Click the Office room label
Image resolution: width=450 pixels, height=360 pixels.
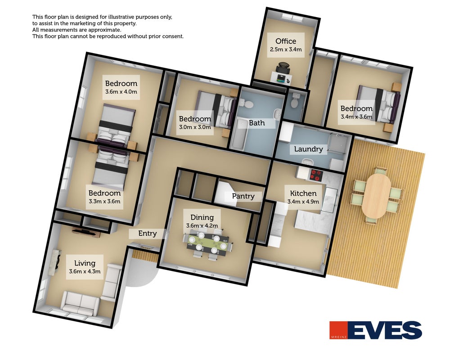coord(286,41)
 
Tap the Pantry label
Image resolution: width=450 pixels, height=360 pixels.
coord(243,196)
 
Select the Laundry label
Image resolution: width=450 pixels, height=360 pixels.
coord(308,149)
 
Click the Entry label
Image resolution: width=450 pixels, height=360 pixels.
coord(148,234)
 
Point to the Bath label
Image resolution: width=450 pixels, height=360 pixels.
coord(256,123)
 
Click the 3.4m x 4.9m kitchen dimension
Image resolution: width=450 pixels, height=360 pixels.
coord(303,202)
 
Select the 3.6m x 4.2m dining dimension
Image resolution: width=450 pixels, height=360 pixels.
coord(202,225)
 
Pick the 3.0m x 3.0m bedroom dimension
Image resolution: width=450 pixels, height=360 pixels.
coord(195,127)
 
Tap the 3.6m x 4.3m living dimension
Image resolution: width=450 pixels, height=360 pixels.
coord(85,271)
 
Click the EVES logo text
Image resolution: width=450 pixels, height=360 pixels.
coord(385,330)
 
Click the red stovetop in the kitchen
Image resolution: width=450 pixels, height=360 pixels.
coord(316,175)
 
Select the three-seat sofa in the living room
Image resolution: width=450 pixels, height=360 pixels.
coord(81,303)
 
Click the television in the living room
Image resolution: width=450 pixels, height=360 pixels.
coord(86,232)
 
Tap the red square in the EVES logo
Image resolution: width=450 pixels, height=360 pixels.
coord(338,330)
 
